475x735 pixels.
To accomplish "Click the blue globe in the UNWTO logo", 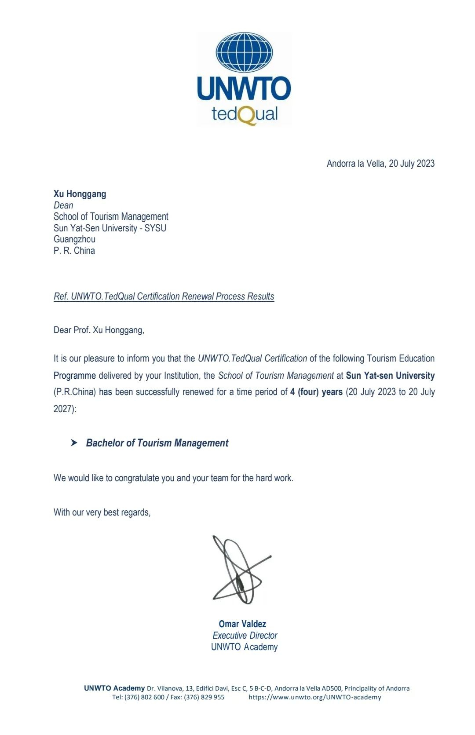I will (244, 52).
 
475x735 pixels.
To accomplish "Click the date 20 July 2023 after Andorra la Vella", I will (412, 164).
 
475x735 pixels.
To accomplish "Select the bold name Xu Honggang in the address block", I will (80, 194).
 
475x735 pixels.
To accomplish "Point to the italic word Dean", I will (63, 205).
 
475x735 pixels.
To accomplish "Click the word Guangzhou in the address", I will (74, 239).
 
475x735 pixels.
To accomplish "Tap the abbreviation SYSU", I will (155, 228).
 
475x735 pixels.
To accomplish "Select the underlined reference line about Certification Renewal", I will (164, 296).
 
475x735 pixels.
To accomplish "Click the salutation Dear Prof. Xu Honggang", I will (99, 330).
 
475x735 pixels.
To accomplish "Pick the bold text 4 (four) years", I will (316, 392).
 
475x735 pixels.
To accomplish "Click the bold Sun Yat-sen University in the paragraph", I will (390, 376).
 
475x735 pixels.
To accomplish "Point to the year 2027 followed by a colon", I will (64, 409).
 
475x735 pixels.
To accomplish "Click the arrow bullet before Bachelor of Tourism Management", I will (74, 442).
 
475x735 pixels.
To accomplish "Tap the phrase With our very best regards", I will (102, 512).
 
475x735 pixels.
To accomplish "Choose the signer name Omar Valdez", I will (242, 624).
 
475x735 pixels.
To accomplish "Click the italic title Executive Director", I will (245, 636).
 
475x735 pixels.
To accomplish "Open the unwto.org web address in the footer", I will (315, 697).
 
